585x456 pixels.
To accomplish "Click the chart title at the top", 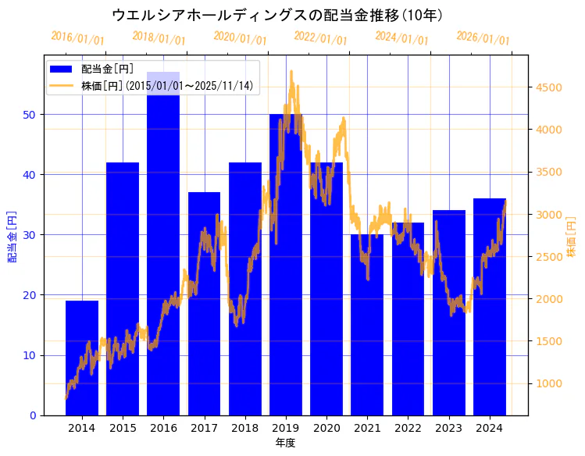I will (x=277, y=15).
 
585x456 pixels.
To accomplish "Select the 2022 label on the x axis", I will (x=408, y=428).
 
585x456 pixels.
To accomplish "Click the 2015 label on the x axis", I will (x=123, y=428).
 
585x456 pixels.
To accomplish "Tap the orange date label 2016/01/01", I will (x=77, y=38).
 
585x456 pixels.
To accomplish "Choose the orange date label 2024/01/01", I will (x=401, y=38).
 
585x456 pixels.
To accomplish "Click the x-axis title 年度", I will (x=285, y=443).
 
